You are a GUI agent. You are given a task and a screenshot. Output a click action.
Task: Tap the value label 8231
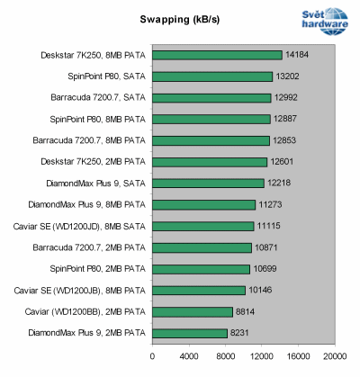pos(242,333)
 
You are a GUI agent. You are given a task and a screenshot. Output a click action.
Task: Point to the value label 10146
pos(261,290)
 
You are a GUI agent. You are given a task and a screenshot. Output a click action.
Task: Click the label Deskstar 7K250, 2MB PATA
pos(90,162)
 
